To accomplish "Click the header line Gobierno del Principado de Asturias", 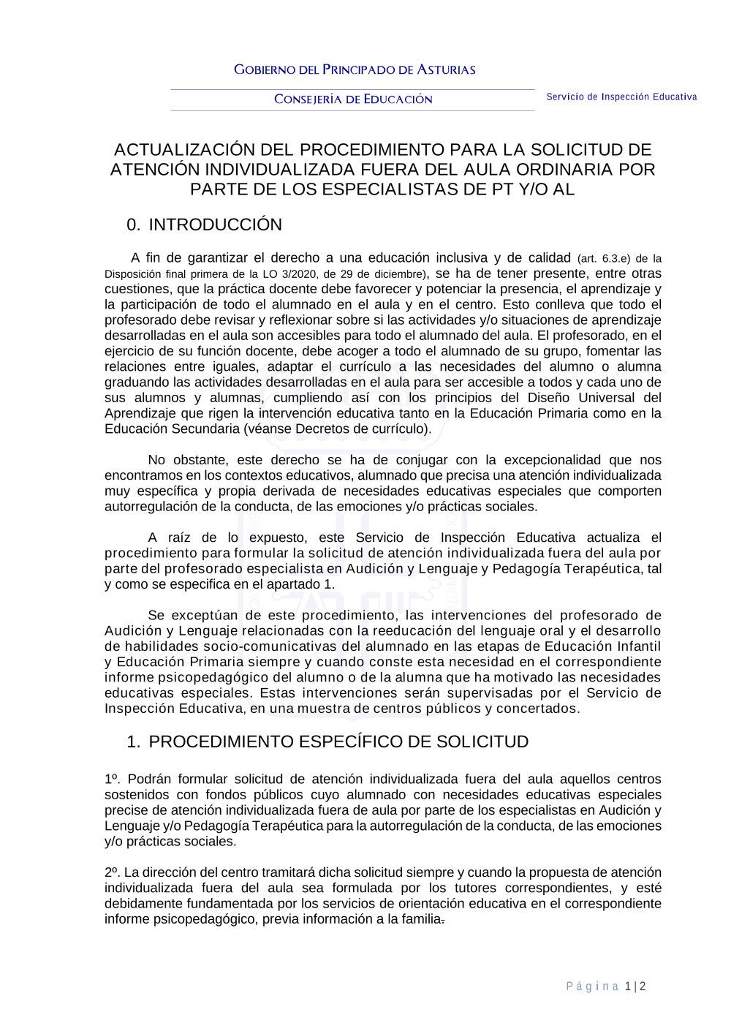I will coord(355,70).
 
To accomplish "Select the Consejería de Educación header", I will coord(353,99).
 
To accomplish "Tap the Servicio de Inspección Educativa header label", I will coord(621,97).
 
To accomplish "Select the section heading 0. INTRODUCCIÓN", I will coord(204,225).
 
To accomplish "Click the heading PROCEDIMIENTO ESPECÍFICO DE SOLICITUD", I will coord(338,741).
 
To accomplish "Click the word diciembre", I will coord(398,274).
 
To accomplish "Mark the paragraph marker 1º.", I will coord(113,780).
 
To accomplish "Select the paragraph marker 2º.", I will coord(112,872).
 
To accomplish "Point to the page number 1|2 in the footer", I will coord(635,986).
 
